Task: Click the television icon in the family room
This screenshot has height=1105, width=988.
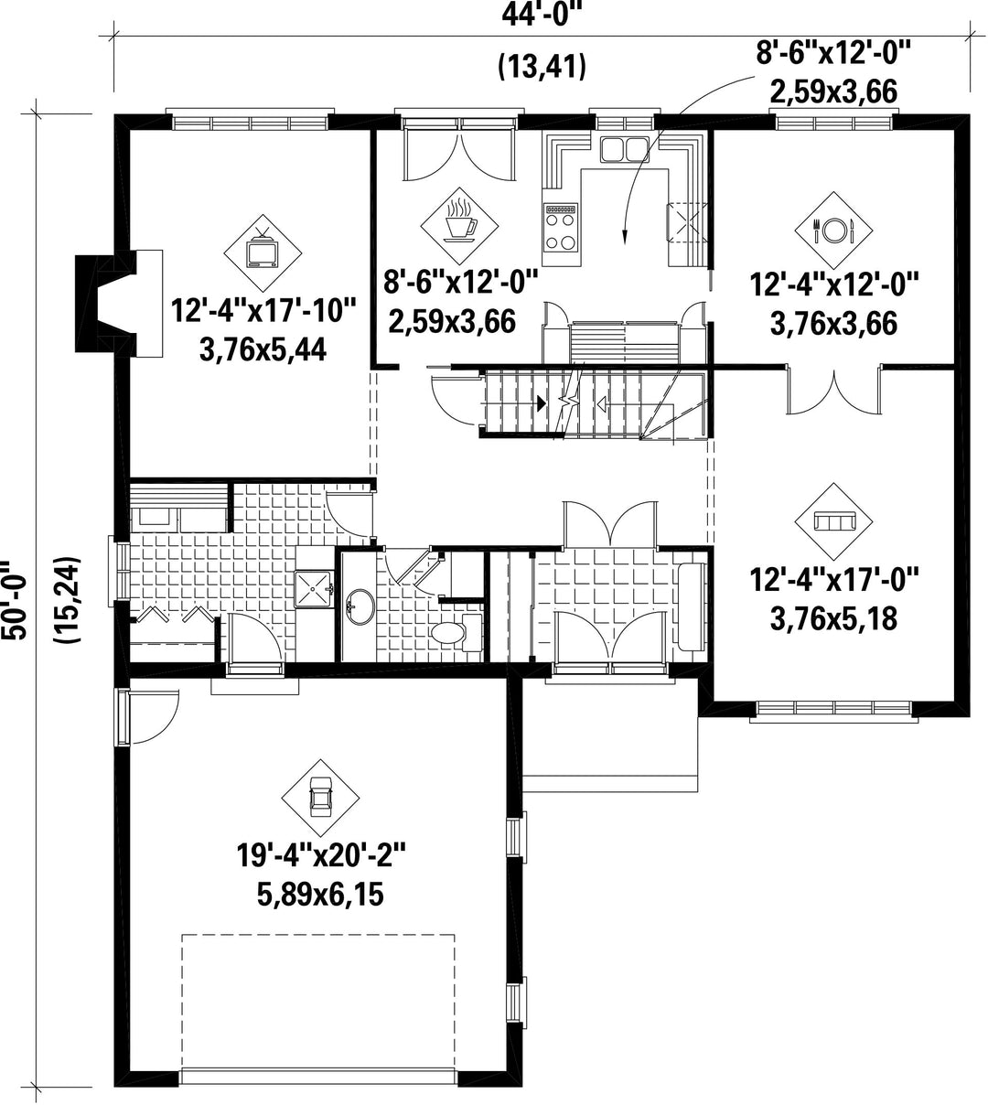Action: pos(263,252)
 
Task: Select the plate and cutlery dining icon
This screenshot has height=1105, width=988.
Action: pos(833,231)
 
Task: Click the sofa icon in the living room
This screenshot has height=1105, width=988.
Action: pos(833,521)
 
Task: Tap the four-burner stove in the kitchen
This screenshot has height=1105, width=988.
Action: pos(561,227)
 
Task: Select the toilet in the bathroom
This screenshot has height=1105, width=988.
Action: pos(456,633)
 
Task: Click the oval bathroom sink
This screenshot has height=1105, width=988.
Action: pos(360,606)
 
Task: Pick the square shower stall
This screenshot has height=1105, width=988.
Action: pos(315,589)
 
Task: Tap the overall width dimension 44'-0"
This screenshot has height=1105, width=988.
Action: pos(539,16)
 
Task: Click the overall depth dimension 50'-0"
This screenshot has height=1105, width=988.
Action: pos(14,599)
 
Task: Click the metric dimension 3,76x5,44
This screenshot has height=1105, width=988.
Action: pos(263,350)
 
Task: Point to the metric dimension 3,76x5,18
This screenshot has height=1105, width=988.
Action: pos(833,619)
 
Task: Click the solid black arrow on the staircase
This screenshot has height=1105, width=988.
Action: pos(541,403)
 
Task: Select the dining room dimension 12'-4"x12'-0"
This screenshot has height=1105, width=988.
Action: pos(834,284)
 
